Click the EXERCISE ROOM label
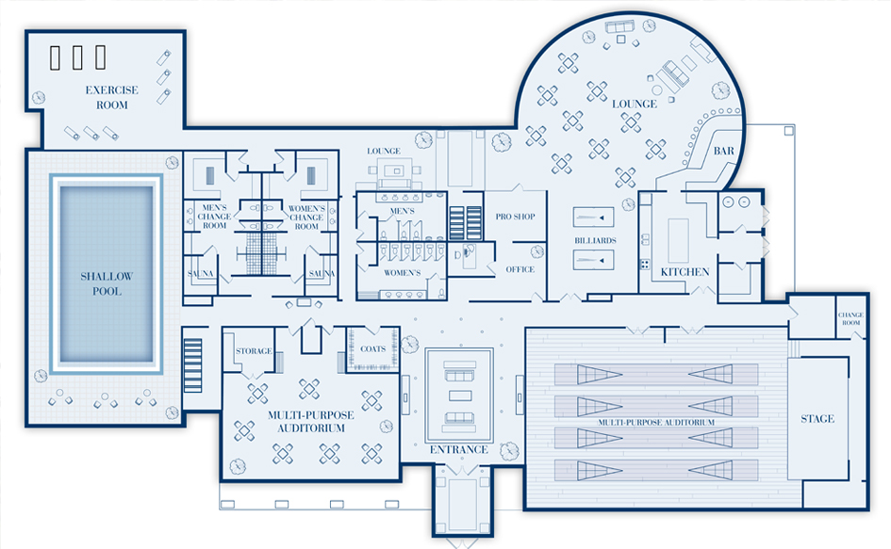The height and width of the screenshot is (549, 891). click(111, 98)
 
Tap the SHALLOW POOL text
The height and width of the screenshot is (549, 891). click(107, 283)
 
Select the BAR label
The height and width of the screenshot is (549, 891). click(723, 151)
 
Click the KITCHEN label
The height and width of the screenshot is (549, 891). click(685, 271)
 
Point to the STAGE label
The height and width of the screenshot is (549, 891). click(817, 418)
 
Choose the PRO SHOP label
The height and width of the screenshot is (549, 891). click(515, 217)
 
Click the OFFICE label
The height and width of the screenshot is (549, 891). click(520, 269)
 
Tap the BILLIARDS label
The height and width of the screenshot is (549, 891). click(594, 241)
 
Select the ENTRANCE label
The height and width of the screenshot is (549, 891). click(459, 449)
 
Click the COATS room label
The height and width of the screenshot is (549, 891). click(372, 348)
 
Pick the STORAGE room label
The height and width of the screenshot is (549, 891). click(254, 351)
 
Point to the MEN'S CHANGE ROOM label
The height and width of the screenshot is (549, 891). click(215, 217)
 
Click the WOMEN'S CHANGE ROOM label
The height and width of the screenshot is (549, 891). click(306, 217)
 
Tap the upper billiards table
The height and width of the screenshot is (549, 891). click(594, 218)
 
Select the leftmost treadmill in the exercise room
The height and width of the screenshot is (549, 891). click(56, 57)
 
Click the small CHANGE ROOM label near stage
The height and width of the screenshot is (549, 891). click(850, 319)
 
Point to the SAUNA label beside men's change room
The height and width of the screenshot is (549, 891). click(201, 273)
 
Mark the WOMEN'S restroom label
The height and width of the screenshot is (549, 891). click(401, 272)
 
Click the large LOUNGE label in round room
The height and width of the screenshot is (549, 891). click(634, 103)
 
